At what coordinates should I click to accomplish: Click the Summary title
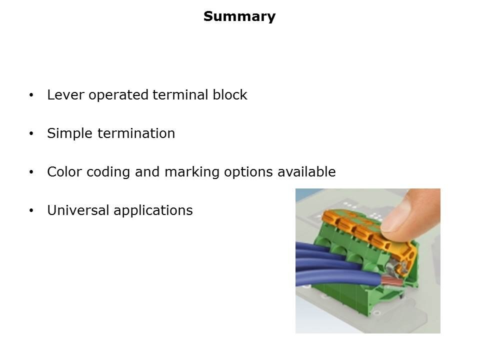pyautogui.click(x=239, y=16)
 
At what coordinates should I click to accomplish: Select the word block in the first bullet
pyautogui.click(x=229, y=95)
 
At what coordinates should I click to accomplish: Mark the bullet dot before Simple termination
pyautogui.click(x=32, y=134)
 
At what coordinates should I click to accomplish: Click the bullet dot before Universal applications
pyautogui.click(x=32, y=211)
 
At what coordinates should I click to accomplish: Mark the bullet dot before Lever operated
pyautogui.click(x=32, y=95)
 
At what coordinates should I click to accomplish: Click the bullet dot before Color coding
pyautogui.click(x=32, y=172)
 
